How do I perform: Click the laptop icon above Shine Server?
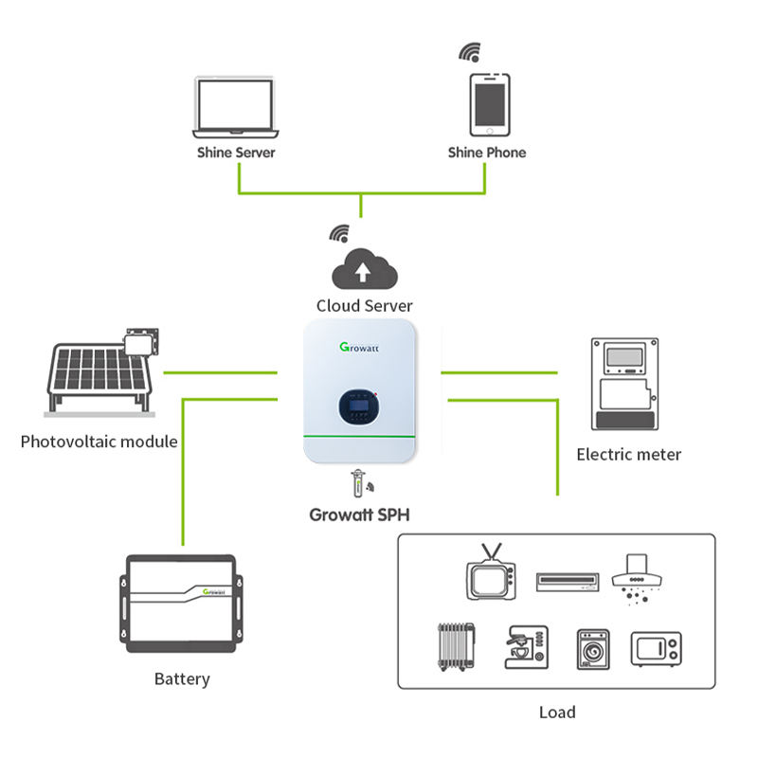(235, 107)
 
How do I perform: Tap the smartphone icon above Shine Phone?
(490, 104)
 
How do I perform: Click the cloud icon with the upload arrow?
(365, 269)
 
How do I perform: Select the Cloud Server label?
(364, 305)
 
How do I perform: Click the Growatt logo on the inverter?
(359, 347)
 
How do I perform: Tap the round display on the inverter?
(358, 406)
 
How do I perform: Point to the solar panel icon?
(102, 372)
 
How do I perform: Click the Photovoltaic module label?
(99, 442)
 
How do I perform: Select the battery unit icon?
(181, 604)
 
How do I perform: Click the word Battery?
(182, 678)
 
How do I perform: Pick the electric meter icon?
(624, 384)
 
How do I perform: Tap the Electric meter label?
(629, 455)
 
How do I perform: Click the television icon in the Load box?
(491, 572)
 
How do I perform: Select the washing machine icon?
(593, 649)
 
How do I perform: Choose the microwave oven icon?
(656, 649)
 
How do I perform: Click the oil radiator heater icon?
(456, 647)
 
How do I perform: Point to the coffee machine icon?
(527, 647)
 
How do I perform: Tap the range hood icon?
(637, 579)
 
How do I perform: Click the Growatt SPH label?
(360, 514)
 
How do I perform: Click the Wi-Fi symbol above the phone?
(470, 52)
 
